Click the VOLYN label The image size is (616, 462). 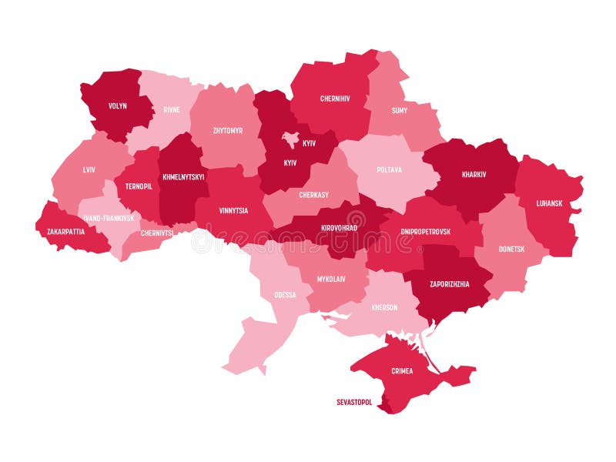click(x=118, y=106)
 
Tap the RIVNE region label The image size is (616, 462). click(x=171, y=110)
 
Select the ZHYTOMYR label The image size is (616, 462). click(x=227, y=131)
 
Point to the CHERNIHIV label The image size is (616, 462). click(x=335, y=99)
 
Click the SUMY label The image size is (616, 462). click(x=400, y=111)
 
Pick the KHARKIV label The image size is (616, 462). click(x=474, y=174)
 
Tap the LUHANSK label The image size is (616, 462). click(x=550, y=203)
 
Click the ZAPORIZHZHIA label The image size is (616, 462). click(x=449, y=283)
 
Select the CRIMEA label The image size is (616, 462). click(x=401, y=370)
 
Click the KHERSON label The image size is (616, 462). click(x=384, y=307)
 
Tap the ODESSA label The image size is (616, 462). click(x=284, y=295)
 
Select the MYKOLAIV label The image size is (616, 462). click(x=331, y=279)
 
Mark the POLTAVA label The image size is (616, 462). click(x=389, y=170)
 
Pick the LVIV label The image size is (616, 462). click(x=89, y=169)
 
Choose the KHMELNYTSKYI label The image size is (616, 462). click(x=183, y=176)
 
